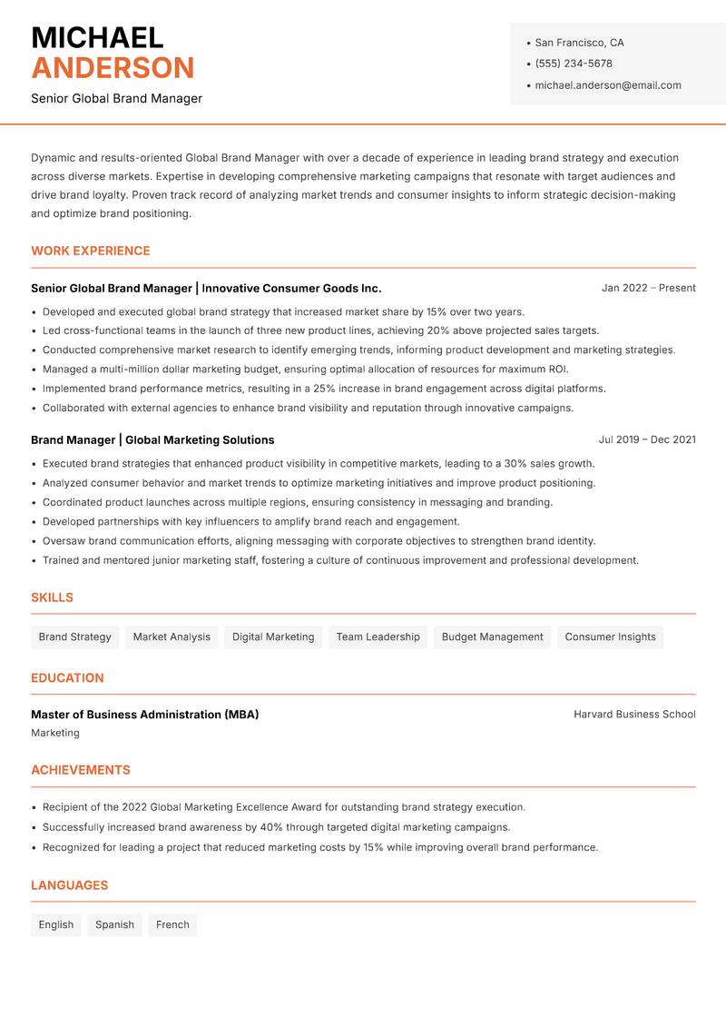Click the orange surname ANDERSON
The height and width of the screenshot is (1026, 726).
coord(113,68)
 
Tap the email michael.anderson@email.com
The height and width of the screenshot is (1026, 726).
coord(607,85)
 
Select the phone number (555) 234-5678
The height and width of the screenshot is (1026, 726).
coord(573,64)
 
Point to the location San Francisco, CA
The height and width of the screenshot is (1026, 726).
coord(579,43)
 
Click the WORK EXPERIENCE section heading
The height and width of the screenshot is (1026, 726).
coord(91,251)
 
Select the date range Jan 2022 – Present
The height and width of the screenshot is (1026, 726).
coord(648,288)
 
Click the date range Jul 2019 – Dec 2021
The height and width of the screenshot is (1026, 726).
coord(647,439)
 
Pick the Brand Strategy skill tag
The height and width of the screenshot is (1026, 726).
coord(74,636)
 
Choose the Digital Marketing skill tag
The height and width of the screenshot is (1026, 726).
coord(273,636)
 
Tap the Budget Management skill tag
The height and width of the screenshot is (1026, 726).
coord(492,636)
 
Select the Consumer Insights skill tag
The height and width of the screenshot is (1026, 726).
coord(610,636)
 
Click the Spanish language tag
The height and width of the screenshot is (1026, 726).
coord(114,924)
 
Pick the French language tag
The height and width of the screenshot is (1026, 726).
coord(172,924)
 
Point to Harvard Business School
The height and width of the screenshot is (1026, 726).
coord(634,715)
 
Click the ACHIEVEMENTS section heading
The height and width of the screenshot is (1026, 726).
coord(81,770)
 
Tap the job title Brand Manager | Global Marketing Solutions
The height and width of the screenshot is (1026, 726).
coord(152,439)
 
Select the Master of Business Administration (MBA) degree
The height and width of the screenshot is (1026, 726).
coord(145,715)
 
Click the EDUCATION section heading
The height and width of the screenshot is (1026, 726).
coord(67,677)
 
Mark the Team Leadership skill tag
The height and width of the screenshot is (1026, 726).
coord(378,636)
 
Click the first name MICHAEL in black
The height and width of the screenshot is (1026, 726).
coord(97,37)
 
